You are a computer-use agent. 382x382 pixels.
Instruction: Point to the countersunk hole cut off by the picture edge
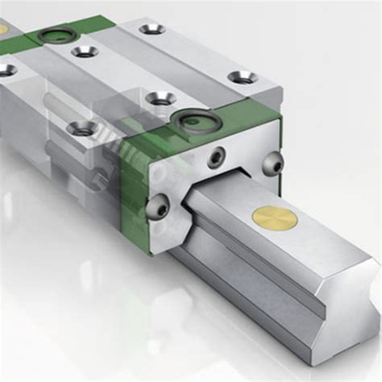(6, 70)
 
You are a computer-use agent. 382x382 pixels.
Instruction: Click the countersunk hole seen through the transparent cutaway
(81, 127)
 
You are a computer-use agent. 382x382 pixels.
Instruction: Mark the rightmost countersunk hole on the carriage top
(242, 77)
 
